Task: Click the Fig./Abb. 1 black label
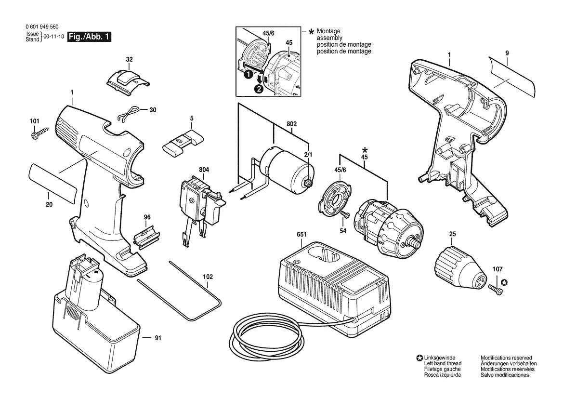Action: click(x=89, y=37)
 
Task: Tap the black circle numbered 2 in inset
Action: click(x=259, y=89)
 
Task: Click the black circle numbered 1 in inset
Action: click(x=248, y=75)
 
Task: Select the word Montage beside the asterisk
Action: click(x=328, y=31)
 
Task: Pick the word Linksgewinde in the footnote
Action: click(x=439, y=358)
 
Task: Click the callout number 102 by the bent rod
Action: click(x=208, y=277)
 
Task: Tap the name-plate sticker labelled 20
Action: click(x=52, y=184)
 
